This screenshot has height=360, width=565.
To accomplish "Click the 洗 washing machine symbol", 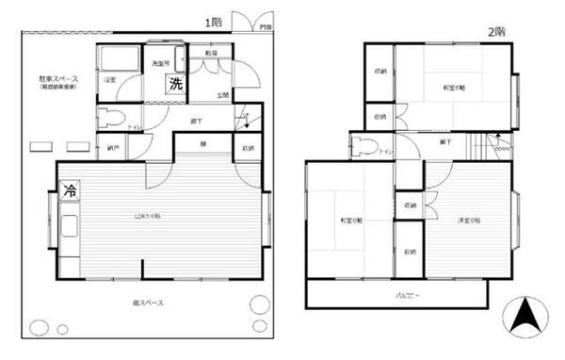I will [176, 83].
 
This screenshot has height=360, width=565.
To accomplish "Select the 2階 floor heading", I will [496, 31].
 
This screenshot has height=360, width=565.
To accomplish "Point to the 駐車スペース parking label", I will [58, 79].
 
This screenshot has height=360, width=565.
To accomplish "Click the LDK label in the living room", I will [146, 216].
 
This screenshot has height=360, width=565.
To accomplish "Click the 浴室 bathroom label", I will [110, 80].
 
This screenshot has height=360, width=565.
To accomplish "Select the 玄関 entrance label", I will [222, 95].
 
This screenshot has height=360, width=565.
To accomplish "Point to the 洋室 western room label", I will [470, 221].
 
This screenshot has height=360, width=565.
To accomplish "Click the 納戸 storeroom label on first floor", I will [113, 148].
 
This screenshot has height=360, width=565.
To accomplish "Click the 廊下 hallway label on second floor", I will [444, 141].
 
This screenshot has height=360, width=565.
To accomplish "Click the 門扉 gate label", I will [266, 28].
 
